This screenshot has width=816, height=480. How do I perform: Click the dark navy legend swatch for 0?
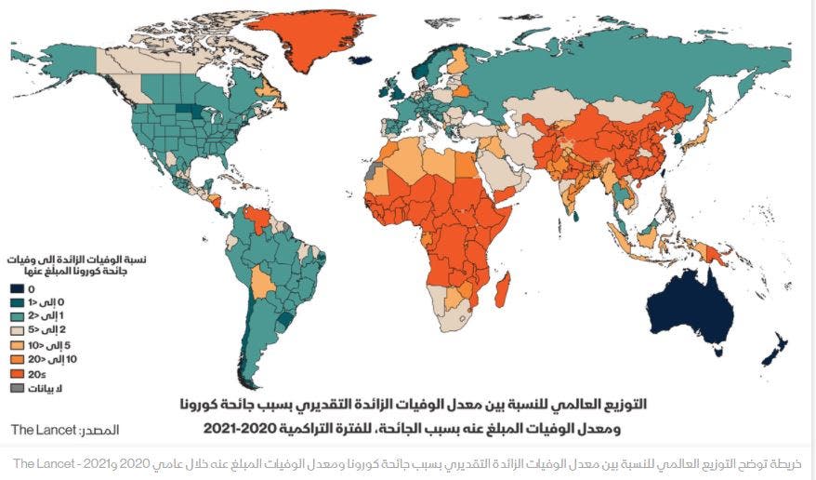pyautogui.click(x=16, y=290)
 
